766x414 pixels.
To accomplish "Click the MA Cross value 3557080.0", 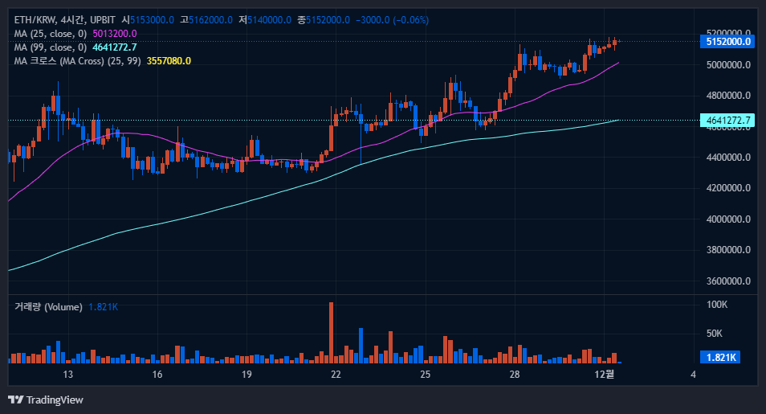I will click(x=169, y=61).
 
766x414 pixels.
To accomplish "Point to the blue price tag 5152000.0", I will click(x=728, y=41).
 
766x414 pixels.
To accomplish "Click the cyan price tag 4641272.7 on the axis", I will click(x=728, y=121).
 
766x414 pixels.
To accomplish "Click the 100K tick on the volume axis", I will click(x=717, y=305).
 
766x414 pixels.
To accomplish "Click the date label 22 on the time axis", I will click(x=336, y=375).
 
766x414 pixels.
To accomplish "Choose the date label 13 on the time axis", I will click(x=68, y=375).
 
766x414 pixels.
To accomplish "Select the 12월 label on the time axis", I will click(x=605, y=375).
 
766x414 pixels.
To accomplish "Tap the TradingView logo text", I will click(x=55, y=400).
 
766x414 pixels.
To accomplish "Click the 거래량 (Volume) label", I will click(x=47, y=307).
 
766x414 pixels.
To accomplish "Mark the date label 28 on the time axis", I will click(x=515, y=375).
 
